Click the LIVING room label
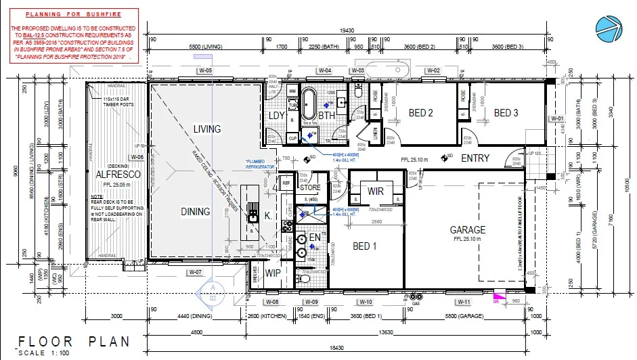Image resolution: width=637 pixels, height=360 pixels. click(x=207, y=129)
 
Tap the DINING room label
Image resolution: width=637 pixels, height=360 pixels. click(x=196, y=212)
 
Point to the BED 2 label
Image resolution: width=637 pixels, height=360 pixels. click(x=420, y=113)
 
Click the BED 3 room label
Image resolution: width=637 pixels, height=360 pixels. click(x=506, y=113)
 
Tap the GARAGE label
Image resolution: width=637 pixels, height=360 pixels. click(x=468, y=230)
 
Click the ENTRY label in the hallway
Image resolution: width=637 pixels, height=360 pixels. click(x=475, y=158)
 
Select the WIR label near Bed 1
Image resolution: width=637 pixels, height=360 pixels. click(x=376, y=192)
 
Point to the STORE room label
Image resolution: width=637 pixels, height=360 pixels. click(x=310, y=187)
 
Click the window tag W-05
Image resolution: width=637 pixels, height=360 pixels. click(x=205, y=71)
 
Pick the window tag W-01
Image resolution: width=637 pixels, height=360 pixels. click(x=558, y=119)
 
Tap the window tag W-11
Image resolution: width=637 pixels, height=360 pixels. click(x=464, y=301)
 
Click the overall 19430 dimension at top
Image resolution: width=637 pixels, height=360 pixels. click(x=347, y=30)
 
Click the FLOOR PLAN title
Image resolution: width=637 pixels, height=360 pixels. click(x=74, y=342)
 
